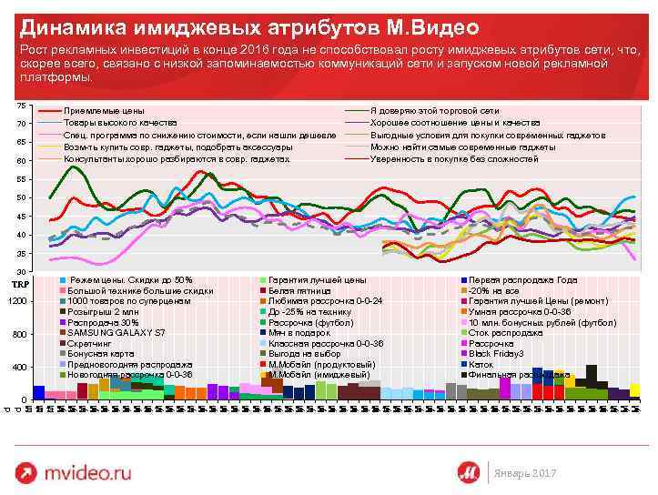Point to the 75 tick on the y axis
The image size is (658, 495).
(21, 106)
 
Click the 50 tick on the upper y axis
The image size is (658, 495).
(21, 197)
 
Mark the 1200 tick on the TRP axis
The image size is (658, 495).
(17, 301)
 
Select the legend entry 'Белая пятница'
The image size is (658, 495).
(297, 290)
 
